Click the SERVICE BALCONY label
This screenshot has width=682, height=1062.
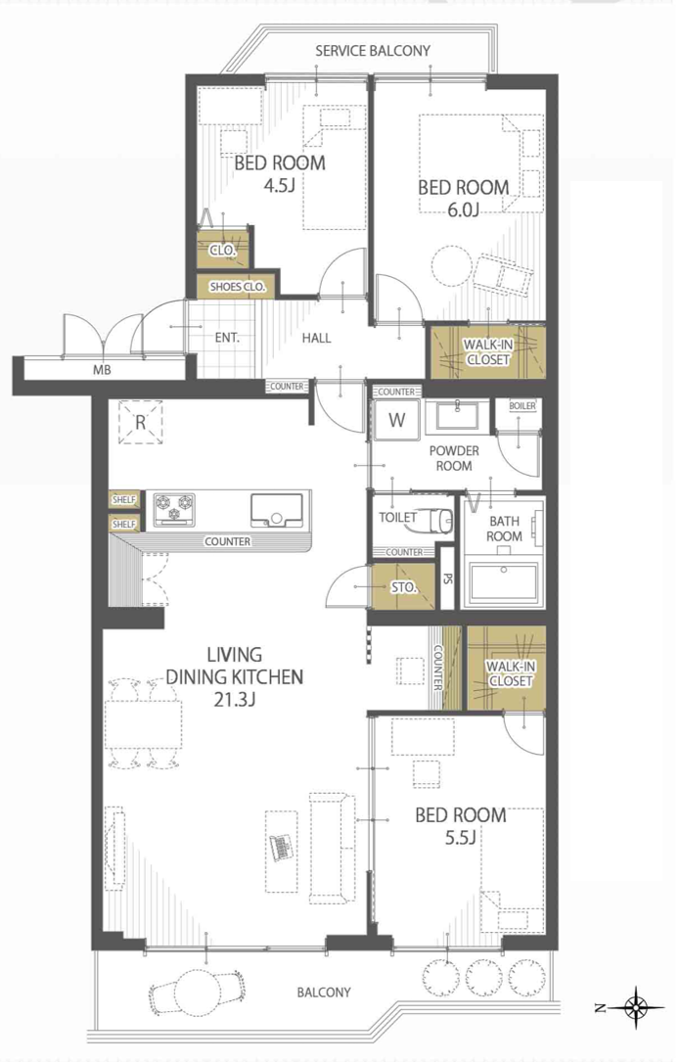coord(373,51)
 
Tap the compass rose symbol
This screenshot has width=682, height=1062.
coord(637,1008)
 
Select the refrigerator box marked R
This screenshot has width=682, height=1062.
coord(141,422)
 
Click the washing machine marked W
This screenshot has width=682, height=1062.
coord(397,419)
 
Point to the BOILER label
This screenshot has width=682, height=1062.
coord(523,405)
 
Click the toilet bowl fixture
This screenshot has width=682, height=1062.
coord(436,520)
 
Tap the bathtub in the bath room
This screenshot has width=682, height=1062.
coord(504,581)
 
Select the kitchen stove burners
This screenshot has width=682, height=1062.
coord(174,509)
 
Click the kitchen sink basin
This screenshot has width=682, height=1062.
coord(277,509)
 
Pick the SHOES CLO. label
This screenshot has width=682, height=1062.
coord(238,287)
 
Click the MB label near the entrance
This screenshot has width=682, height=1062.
coord(103,370)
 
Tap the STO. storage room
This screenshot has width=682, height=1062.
coord(404,586)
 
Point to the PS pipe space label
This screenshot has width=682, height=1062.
coord(447,579)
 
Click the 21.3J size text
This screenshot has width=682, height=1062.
coord(234,700)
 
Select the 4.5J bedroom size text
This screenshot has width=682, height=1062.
coord(279,185)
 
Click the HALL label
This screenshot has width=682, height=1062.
coord(316,338)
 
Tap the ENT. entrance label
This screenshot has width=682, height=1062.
coord(227,338)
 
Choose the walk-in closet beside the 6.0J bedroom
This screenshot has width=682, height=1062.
coord(487,352)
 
